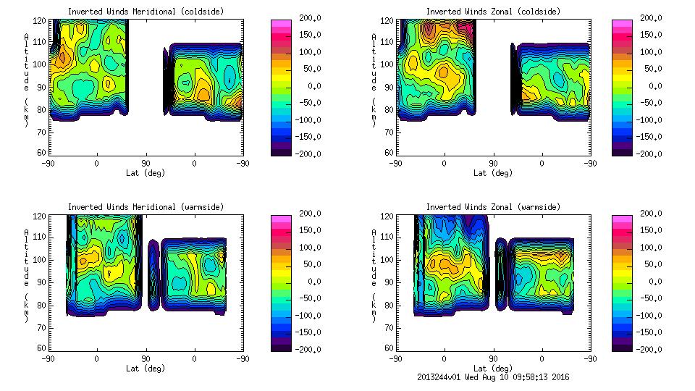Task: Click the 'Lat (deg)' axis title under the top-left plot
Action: click(145, 173)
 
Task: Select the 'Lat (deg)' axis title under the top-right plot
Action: click(493, 173)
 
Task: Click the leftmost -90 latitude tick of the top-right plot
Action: click(395, 164)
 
